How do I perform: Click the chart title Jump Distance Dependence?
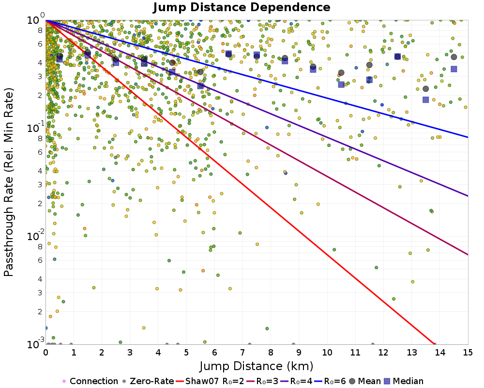pyautogui.click(x=242, y=8)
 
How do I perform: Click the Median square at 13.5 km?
pyautogui.click(x=426, y=100)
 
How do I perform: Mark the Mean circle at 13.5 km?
pyautogui.click(x=426, y=89)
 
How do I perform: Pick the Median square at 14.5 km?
pyautogui.click(x=454, y=69)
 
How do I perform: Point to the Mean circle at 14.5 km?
pyautogui.click(x=454, y=57)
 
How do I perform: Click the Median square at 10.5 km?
pyautogui.click(x=341, y=84)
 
